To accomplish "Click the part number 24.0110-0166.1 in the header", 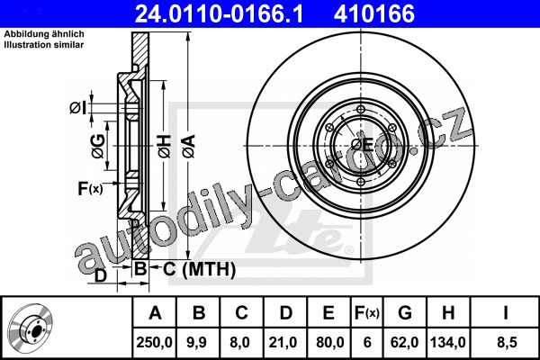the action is [219, 13].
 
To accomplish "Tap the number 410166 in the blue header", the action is [374, 13].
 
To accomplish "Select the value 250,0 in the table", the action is [154, 342].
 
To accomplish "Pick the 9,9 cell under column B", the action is [197, 342].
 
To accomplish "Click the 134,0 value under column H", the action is [448, 342].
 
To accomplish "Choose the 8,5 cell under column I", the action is [507, 342].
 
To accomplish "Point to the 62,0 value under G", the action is [404, 342].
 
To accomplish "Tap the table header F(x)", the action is [367, 313].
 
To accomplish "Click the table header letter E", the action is [328, 313].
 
